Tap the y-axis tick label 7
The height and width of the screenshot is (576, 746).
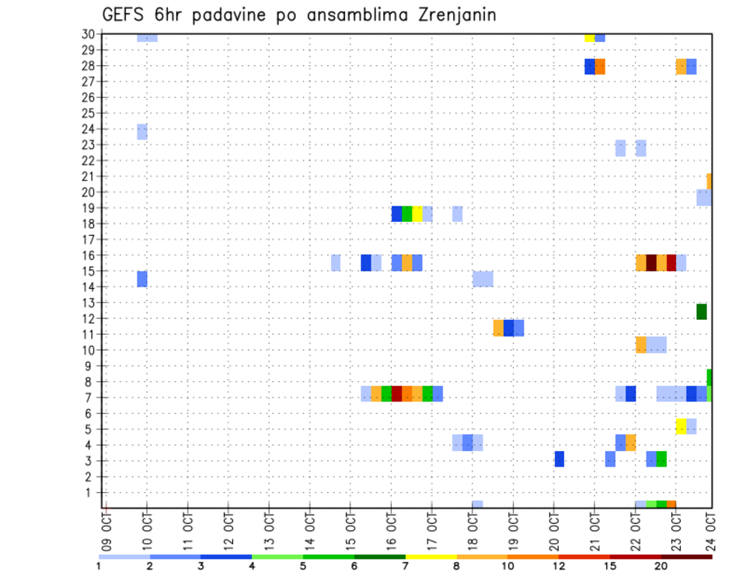91,397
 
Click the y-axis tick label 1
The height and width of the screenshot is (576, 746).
91,492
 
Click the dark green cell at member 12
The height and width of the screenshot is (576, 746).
702,311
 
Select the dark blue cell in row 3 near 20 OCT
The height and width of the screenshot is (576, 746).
559,459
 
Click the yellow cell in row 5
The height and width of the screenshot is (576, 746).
681,426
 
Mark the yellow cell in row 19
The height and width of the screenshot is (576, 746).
417,214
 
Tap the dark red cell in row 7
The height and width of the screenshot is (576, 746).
396,394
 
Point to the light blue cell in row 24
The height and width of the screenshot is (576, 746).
142,131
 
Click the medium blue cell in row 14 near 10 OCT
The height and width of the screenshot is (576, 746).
142,279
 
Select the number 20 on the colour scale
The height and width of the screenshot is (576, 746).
661,565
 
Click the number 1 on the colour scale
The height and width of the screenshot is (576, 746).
99,565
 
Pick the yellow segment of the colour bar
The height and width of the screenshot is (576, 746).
431,557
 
